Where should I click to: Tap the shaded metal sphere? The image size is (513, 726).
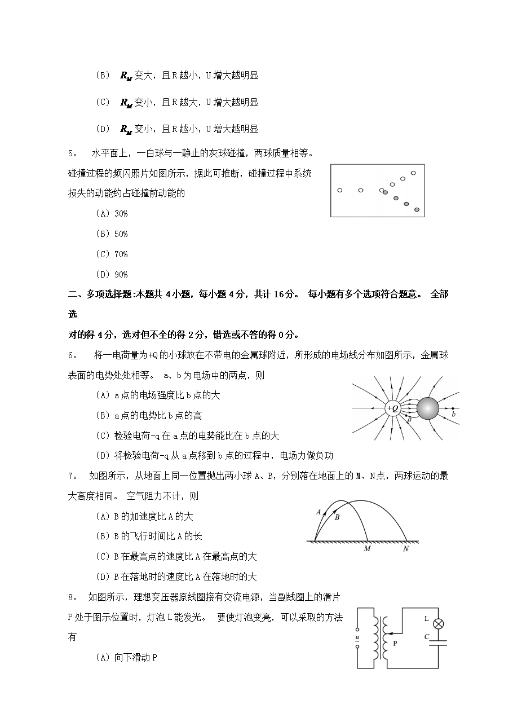427,408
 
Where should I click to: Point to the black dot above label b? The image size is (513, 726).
454,408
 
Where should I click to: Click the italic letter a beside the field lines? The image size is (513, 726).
409,420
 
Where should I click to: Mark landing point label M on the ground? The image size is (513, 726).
367,548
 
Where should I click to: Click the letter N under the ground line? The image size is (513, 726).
405,548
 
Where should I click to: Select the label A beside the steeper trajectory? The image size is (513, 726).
319,512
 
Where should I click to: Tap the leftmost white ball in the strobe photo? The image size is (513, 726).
339,190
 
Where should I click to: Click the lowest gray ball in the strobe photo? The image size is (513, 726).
417,210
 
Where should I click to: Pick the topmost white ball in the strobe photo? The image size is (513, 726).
413,173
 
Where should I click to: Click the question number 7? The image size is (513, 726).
72,476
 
